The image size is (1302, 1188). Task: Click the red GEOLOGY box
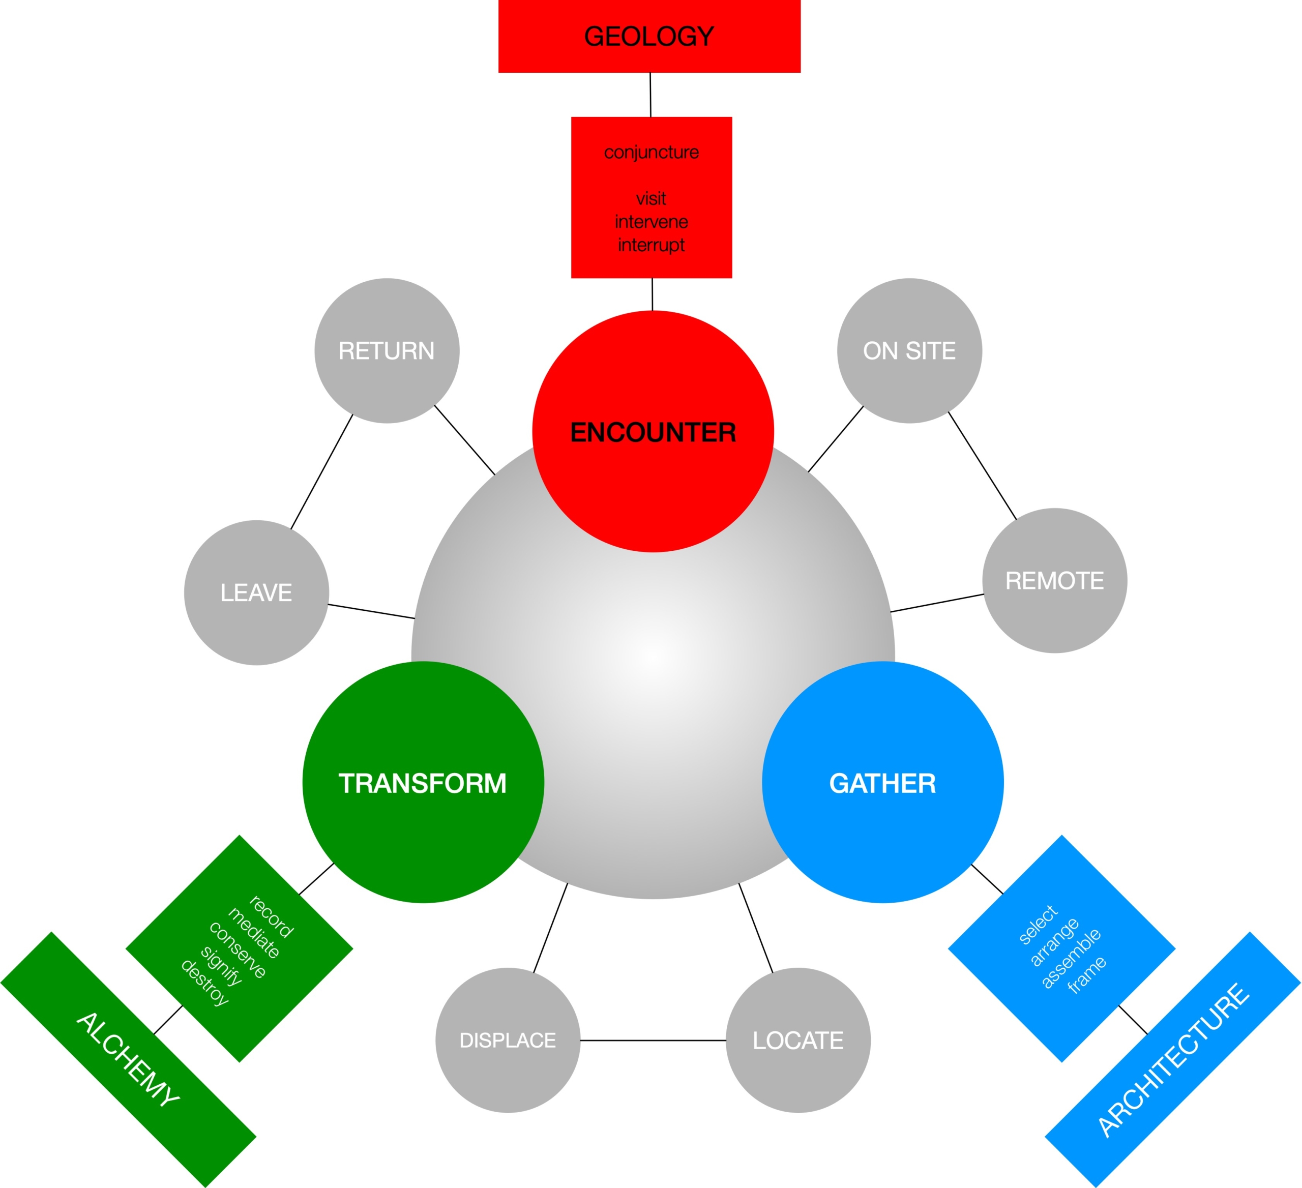pyautogui.click(x=649, y=36)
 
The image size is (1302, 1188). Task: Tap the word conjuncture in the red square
pyautogui.click(x=651, y=153)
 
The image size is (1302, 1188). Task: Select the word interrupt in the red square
pyautogui.click(x=651, y=245)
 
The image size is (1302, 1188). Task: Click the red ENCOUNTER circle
pyautogui.click(x=653, y=431)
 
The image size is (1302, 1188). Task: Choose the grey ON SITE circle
pyautogui.click(x=909, y=350)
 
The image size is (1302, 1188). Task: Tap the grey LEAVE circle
pyautogui.click(x=256, y=592)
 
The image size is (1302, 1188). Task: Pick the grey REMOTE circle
pyautogui.click(x=1055, y=580)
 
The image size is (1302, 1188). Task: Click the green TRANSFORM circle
pyautogui.click(x=423, y=783)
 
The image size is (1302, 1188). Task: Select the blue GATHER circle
pyautogui.click(x=882, y=783)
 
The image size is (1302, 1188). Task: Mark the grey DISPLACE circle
pyautogui.click(x=508, y=1040)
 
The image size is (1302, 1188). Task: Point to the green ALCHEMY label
pyautogui.click(x=128, y=1059)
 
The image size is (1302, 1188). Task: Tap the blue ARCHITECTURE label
pyautogui.click(x=1173, y=1059)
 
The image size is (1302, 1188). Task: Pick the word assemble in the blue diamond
pyautogui.click(x=1071, y=959)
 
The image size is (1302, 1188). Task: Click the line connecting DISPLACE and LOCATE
pyautogui.click(x=653, y=1040)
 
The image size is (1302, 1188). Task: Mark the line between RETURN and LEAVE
pyautogui.click(x=321, y=472)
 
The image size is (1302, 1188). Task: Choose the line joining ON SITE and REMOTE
pyautogui.click(x=982, y=465)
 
